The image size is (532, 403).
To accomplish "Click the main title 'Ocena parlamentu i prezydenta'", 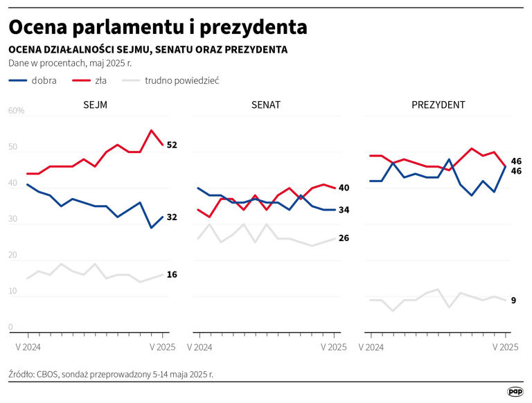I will tap(158, 27).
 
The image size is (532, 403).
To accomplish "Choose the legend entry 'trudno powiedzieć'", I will tap(181, 80).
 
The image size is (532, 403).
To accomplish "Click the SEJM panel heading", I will tap(94, 105).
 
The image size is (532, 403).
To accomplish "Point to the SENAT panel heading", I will tap(266, 105).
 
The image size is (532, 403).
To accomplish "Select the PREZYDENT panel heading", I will tap(438, 105).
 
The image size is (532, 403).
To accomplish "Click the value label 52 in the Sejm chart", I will tap(172, 145).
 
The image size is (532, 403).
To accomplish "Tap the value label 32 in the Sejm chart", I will tap(172, 217).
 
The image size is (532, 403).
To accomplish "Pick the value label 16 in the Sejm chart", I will tap(172, 275).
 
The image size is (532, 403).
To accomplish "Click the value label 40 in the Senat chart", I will tap(344, 188).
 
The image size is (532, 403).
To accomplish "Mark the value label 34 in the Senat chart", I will tap(344, 210).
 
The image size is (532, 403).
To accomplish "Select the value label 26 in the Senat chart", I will tap(344, 239).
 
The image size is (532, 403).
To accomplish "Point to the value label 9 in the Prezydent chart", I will tap(513, 301).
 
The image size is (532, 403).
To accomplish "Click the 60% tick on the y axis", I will tap(17, 111).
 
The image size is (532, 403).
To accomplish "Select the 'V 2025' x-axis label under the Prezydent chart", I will tap(505, 347).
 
